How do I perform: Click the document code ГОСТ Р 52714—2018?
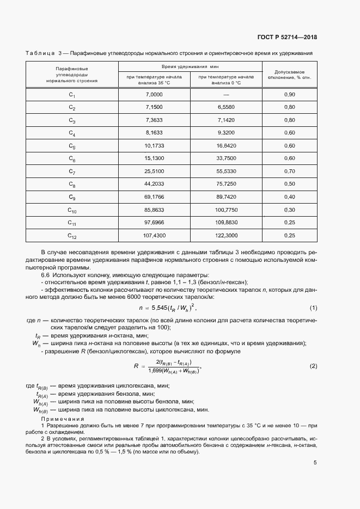click(x=287, y=38)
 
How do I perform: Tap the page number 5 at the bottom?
click(x=315, y=463)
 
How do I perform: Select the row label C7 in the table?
click(x=72, y=171)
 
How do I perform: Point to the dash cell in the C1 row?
click(x=225, y=95)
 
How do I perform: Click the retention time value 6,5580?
click(x=225, y=107)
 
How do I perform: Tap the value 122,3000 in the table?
click(x=225, y=235)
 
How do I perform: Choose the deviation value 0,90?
click(x=289, y=95)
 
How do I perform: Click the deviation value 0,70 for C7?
click(x=289, y=171)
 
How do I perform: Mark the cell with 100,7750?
click(x=225, y=210)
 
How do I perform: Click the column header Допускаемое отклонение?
click(x=289, y=74)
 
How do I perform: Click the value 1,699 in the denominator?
click(x=157, y=371)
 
